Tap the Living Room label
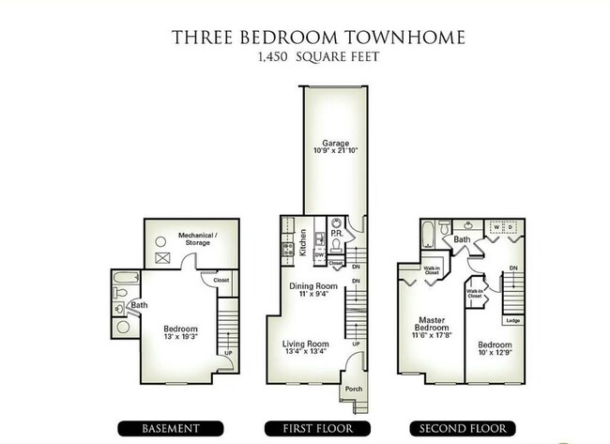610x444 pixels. coord(305,344)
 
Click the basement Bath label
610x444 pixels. coord(139,304)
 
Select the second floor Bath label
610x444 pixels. coord(463,240)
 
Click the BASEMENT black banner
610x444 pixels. coord(170,428)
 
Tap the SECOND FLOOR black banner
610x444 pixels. coord(453,428)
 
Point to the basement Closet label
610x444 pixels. coord(221,279)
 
